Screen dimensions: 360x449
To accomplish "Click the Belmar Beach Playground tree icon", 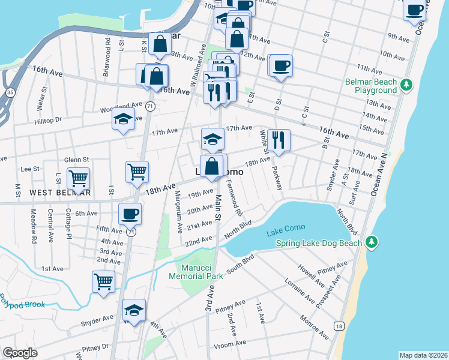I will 406,84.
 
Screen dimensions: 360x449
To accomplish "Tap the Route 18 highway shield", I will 340,326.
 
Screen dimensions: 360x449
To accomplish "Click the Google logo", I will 20,353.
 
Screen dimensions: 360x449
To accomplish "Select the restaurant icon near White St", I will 279,140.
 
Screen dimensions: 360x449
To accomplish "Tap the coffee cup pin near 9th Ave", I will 415,10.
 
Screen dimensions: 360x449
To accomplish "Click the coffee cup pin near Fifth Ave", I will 130,214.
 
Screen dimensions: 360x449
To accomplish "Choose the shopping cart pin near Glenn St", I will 78,178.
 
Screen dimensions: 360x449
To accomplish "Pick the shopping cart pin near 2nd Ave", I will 103,281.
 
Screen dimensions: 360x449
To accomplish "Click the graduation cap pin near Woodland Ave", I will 123,119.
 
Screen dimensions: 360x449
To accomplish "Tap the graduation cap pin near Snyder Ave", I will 134,310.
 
